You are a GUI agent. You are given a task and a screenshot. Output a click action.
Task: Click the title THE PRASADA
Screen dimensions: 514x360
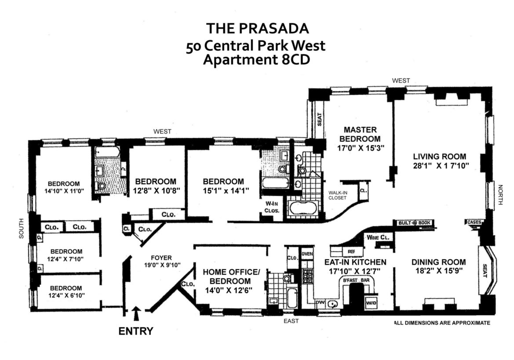258,29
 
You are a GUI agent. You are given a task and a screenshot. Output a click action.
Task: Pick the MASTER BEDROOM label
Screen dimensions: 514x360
360,134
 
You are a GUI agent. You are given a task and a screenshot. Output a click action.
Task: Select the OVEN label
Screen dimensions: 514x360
307,254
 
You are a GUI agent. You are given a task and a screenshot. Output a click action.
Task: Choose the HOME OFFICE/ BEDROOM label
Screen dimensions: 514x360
231,276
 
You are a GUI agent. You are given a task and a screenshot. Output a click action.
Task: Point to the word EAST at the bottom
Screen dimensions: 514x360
291,321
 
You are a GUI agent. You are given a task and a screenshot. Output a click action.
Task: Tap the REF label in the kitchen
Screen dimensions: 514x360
351,252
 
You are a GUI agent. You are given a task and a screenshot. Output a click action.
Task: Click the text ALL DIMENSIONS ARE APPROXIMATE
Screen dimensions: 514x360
441,323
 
